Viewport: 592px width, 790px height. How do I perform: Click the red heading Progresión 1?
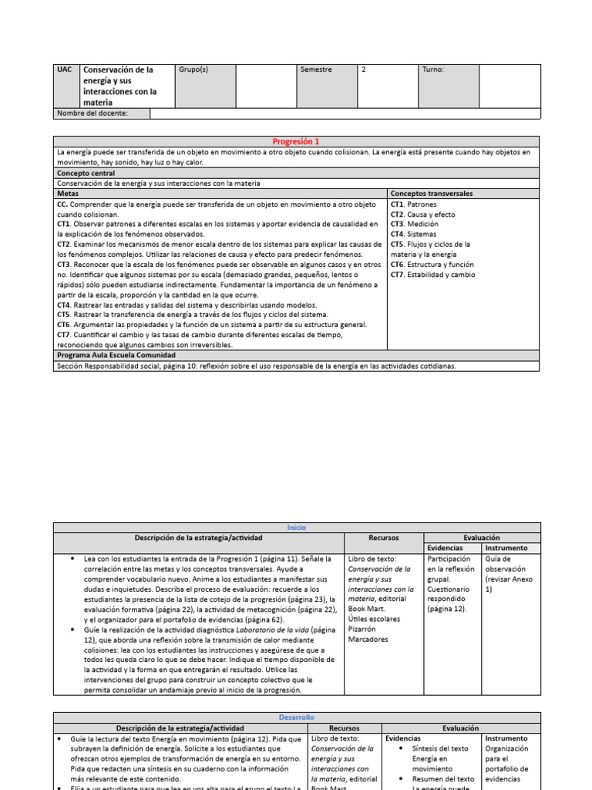tap(296, 142)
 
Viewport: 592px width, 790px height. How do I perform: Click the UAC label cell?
tap(65, 69)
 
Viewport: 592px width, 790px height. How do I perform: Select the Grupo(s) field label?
tap(193, 69)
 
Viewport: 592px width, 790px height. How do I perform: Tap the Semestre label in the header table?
tap(316, 69)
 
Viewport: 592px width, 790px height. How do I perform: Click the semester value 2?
tap(364, 69)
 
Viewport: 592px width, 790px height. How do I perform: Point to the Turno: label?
tap(433, 69)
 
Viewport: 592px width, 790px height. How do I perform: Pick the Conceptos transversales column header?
tap(432, 194)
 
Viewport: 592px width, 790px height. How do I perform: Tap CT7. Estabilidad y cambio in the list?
tap(433, 274)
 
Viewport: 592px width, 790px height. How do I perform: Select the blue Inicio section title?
tap(296, 527)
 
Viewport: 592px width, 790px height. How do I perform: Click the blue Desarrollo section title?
tap(296, 717)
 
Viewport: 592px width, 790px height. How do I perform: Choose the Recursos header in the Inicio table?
tap(383, 537)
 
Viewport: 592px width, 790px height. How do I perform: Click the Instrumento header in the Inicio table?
tap(506, 548)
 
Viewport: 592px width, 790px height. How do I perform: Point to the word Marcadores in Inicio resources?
tap(368, 639)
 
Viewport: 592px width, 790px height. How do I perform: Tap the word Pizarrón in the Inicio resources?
tap(363, 629)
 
